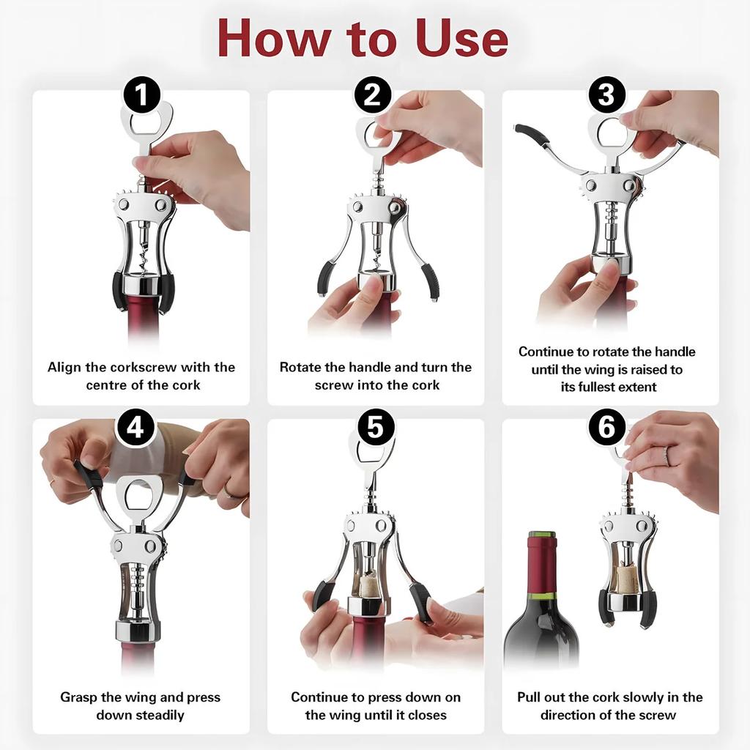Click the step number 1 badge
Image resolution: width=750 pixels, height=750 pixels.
coord(142,96)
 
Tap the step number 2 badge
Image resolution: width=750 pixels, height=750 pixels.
coord(373,96)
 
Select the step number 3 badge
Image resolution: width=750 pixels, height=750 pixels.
coord(606,95)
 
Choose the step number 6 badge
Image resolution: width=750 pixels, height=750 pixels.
coord(607,427)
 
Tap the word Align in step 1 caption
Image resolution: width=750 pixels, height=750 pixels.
coord(64,367)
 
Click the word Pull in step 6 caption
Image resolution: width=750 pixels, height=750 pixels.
coord(530,697)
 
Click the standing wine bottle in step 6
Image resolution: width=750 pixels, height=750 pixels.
coord(541,615)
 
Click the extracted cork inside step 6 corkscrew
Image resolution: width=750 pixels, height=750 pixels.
coord(625,579)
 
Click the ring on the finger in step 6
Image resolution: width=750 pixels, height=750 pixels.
coord(666,456)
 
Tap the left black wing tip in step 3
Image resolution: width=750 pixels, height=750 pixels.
coord(531,135)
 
